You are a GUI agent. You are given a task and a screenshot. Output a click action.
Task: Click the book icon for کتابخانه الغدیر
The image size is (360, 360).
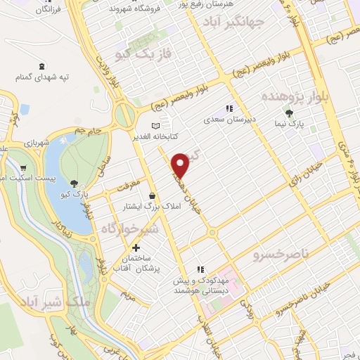click(x=156, y=125)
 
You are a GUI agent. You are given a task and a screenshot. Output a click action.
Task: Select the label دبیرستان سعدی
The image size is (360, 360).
click(x=227, y=120)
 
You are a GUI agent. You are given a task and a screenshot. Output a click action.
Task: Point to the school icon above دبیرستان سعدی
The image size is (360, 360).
click(x=228, y=108)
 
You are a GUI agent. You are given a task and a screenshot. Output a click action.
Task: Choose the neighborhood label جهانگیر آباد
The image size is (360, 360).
click(x=233, y=24)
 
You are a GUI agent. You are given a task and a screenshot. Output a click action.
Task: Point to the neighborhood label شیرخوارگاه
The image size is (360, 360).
click(x=131, y=229)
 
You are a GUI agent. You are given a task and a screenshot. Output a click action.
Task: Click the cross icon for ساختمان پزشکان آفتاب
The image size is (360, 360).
click(x=136, y=247)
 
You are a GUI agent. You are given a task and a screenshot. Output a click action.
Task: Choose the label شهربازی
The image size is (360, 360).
click(x=35, y=143)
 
